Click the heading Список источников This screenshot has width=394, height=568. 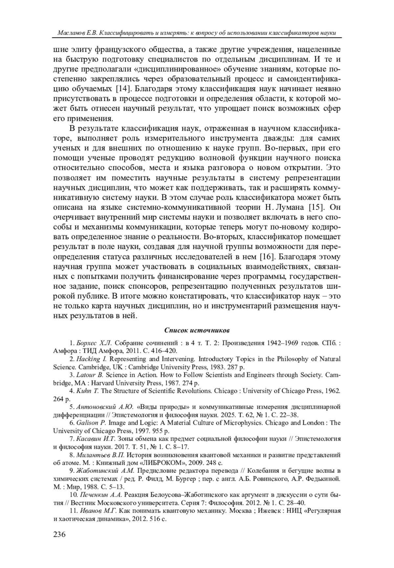[197, 330]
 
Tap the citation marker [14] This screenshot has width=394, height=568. [123, 89]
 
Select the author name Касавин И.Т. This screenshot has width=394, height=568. [96, 439]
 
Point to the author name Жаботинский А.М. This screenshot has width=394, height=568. [102, 471]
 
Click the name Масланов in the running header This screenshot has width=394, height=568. [70, 33]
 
